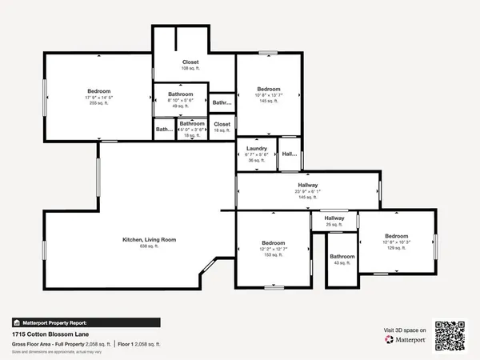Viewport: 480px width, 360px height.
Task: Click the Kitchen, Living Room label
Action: pos(149,240)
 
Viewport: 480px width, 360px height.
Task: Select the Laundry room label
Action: pos(256,148)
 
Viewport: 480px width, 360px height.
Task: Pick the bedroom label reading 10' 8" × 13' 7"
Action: pos(268,89)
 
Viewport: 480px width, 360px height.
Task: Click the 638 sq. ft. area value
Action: pos(149,246)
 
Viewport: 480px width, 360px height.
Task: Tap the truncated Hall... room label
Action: pos(289,154)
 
